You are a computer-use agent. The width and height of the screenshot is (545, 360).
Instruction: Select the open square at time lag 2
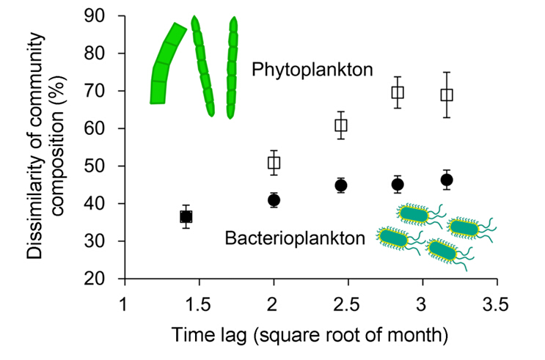click(x=274, y=163)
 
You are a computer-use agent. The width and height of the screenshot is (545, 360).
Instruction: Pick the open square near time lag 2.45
click(x=341, y=125)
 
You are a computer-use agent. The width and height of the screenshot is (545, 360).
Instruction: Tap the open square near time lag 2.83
click(x=398, y=92)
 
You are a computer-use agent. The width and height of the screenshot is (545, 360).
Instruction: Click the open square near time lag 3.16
click(x=447, y=95)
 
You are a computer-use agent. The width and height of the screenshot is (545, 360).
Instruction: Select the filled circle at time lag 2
click(x=274, y=200)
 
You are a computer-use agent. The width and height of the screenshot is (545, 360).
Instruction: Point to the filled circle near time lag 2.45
click(x=341, y=185)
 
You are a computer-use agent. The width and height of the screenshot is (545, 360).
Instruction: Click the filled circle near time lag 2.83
click(x=398, y=185)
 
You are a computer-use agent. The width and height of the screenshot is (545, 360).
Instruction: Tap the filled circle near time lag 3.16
click(x=447, y=180)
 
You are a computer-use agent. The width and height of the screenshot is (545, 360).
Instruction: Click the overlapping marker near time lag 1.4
click(x=186, y=216)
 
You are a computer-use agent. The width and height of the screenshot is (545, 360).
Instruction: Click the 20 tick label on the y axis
click(x=101, y=279)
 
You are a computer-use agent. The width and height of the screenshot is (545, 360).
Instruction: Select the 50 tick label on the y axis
click(x=101, y=166)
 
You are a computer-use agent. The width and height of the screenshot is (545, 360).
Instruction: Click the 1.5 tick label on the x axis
click(x=198, y=303)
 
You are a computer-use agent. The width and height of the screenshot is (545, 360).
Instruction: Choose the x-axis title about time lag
click(x=310, y=337)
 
